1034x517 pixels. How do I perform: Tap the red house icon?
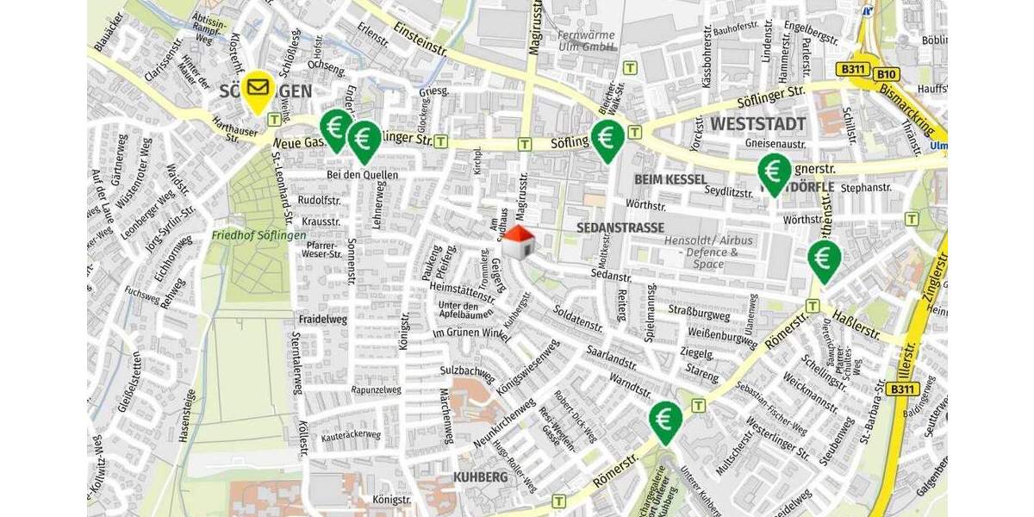518,242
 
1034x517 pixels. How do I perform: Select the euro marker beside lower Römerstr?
665,420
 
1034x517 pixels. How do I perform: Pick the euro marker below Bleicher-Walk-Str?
607,138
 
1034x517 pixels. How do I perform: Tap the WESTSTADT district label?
757,124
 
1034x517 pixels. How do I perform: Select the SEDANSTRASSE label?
620,227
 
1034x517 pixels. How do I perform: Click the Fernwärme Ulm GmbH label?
586,41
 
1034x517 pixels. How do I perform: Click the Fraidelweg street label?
321,319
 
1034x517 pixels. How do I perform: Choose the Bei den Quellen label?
362,175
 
